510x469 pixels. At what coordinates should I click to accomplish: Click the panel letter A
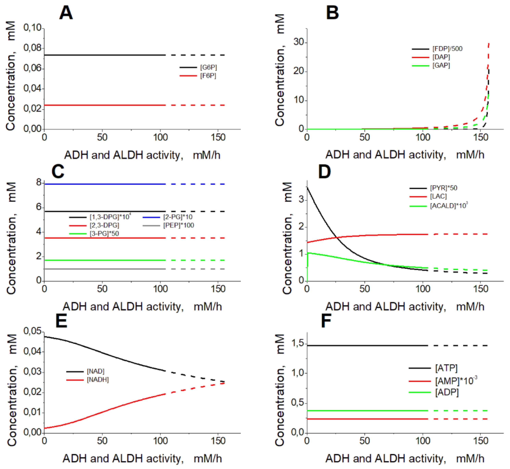66,13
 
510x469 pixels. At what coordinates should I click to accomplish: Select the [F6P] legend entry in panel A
208,76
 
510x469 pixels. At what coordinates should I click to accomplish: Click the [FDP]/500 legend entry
447,49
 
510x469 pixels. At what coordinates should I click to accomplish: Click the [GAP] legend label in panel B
441,65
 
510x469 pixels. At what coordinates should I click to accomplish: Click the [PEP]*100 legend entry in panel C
178,225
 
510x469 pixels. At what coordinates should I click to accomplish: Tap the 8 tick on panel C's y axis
39,182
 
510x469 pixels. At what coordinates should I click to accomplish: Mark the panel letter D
325,172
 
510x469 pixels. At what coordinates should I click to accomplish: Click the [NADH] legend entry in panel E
98,380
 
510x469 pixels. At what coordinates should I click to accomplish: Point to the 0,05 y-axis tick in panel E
32,331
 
